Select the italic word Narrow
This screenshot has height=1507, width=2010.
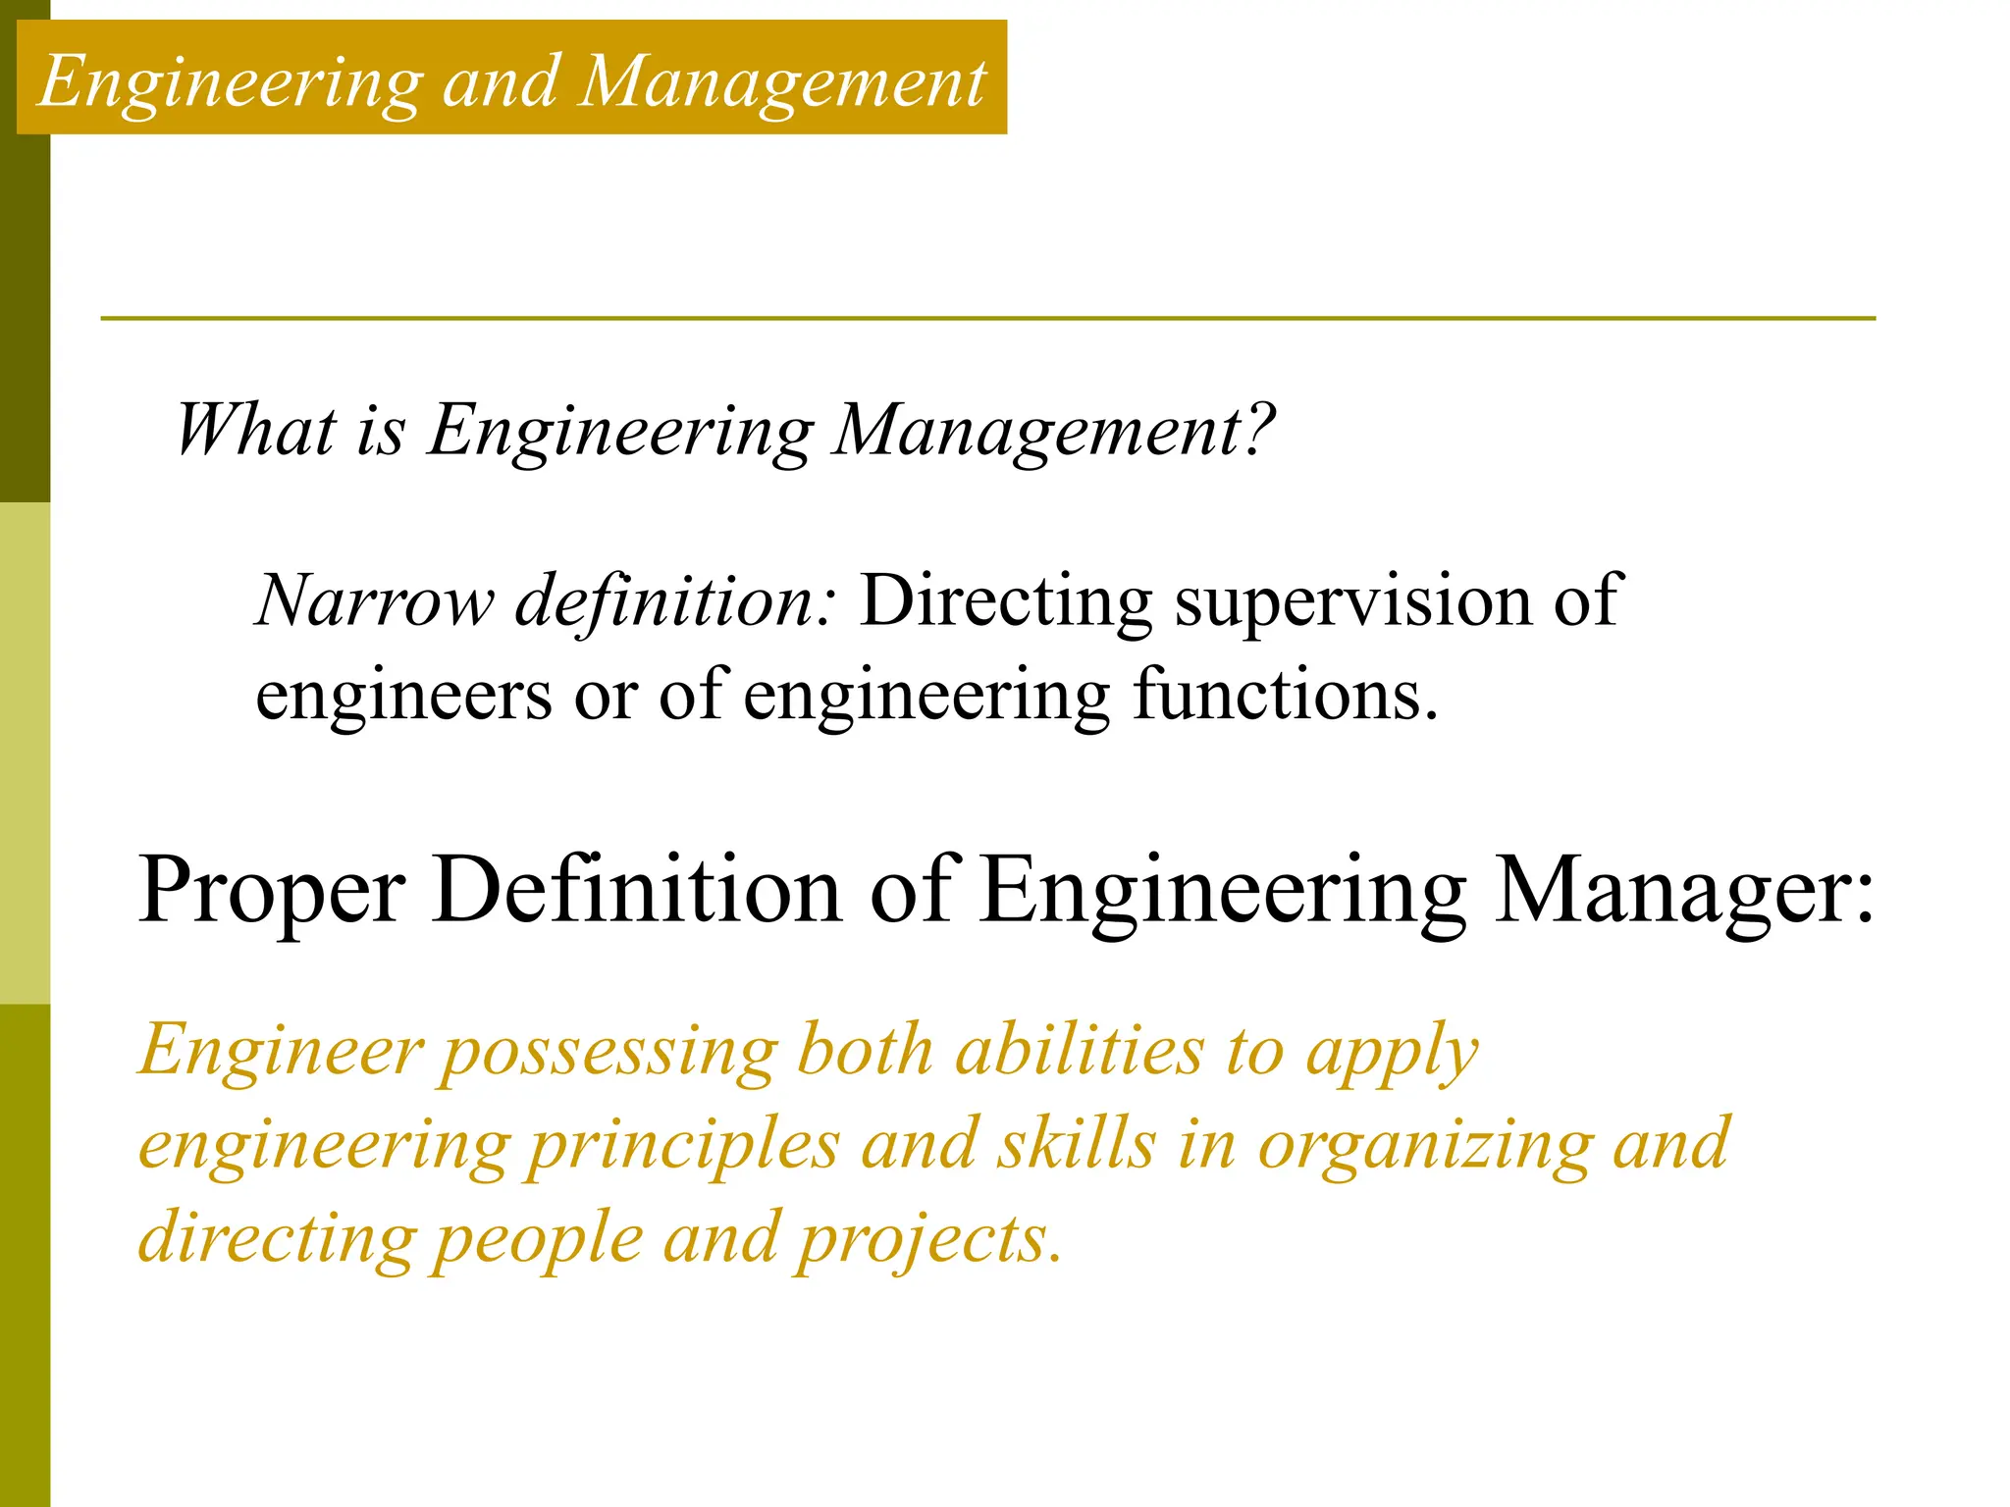coord(374,600)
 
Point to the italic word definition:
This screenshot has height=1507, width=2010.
coord(676,600)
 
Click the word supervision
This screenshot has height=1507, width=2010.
coord(1351,600)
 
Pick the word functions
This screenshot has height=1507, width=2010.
coord(1285,695)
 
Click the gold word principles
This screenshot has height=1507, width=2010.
coord(684,1146)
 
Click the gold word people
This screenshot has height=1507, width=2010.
coord(539,1240)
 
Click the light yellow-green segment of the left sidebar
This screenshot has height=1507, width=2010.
coord(25,753)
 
